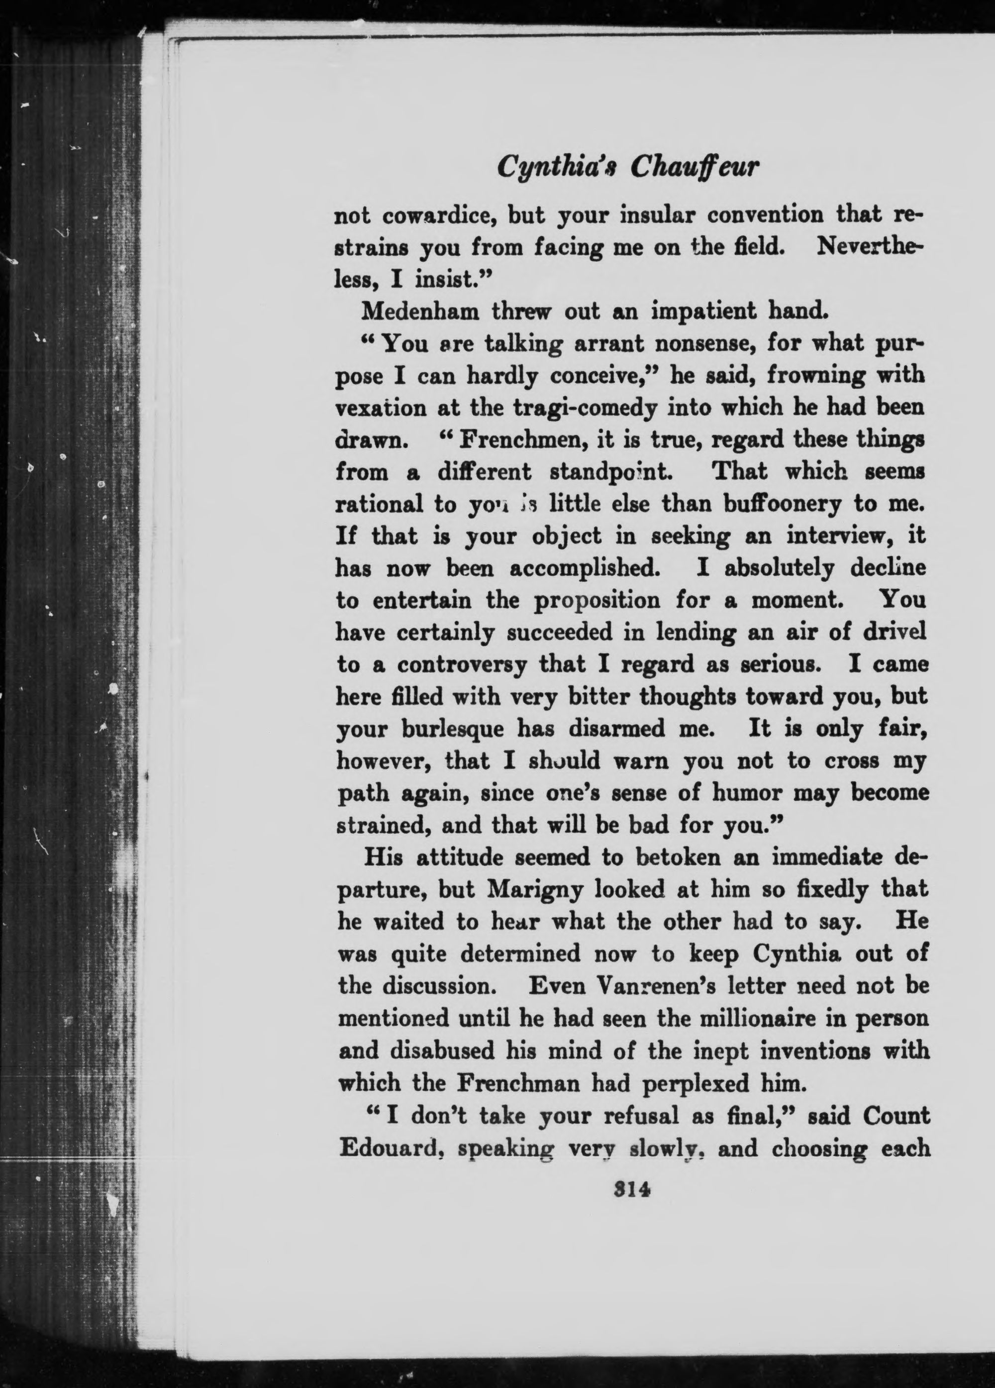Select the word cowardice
click(x=437, y=216)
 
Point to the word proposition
click(x=597, y=601)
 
